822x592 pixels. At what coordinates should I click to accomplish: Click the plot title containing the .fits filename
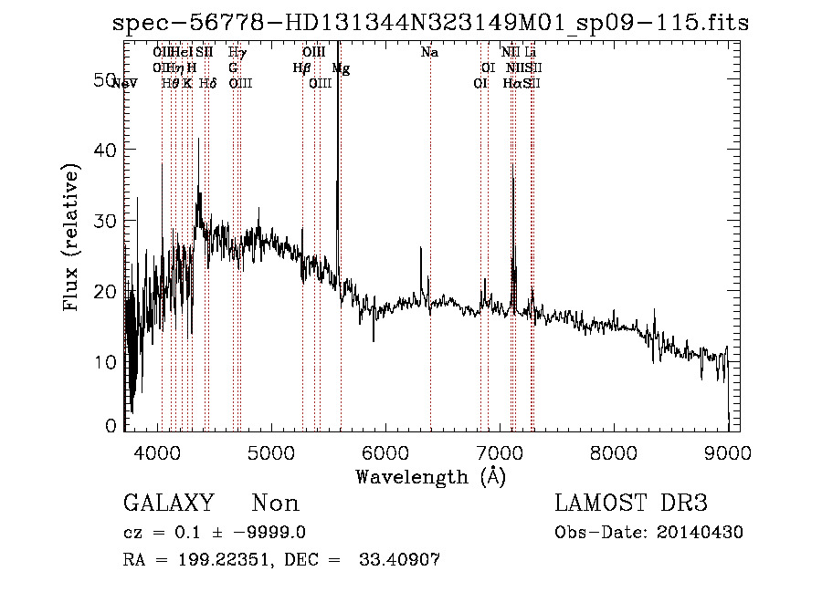point(430,23)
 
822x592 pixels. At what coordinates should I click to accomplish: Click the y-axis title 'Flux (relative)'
point(72,236)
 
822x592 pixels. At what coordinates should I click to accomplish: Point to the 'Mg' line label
point(341,68)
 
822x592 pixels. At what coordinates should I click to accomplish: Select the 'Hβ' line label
point(301,68)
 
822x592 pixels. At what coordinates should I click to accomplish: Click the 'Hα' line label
point(511,84)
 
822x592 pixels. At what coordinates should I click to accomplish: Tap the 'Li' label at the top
point(530,53)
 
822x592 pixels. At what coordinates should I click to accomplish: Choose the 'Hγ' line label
point(237,53)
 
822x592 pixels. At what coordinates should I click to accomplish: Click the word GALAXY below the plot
point(168,504)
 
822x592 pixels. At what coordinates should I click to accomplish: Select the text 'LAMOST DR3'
point(630,504)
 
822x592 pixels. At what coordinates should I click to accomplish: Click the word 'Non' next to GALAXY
point(276,504)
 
